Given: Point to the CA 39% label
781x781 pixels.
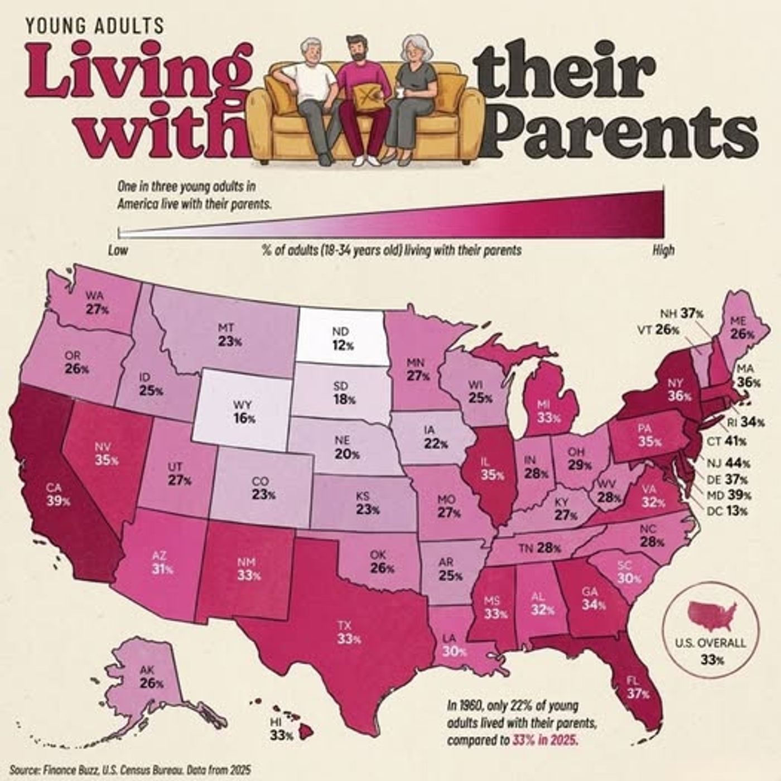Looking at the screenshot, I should [x=58, y=495].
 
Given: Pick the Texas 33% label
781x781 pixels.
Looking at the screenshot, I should [x=349, y=633].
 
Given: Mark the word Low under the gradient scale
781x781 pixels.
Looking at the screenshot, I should [x=118, y=250].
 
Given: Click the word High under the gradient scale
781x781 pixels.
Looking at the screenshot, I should [x=663, y=250].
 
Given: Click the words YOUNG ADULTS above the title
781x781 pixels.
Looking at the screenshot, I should [x=95, y=25].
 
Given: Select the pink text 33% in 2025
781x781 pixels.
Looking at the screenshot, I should [x=544, y=741].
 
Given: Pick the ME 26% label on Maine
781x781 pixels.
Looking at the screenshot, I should [x=742, y=328].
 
